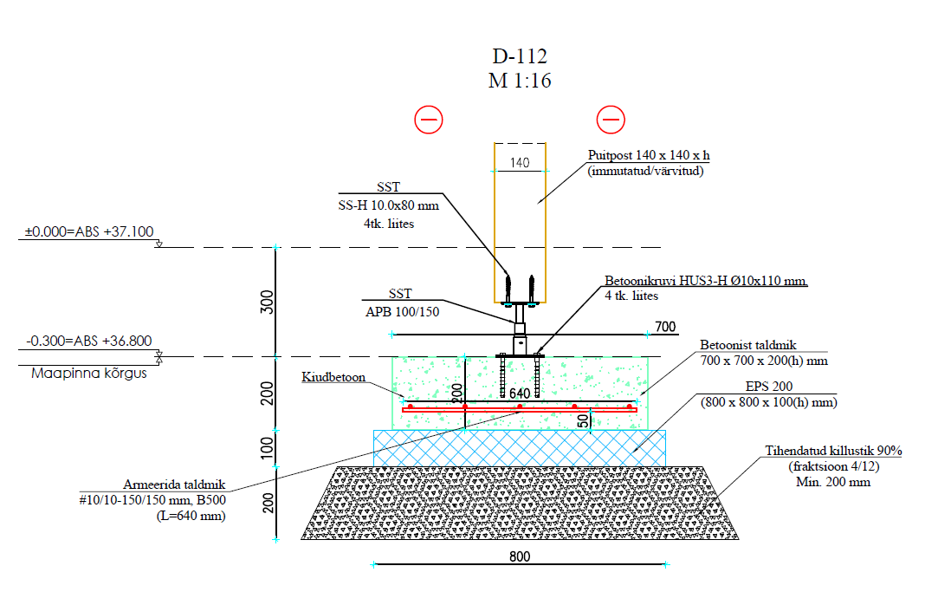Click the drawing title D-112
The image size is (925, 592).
(520, 57)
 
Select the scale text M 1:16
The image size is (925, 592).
(520, 81)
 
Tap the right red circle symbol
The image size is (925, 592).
(611, 120)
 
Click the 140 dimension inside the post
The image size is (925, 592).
(520, 162)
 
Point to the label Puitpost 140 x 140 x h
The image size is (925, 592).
(648, 156)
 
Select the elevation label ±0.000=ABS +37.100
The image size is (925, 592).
(89, 232)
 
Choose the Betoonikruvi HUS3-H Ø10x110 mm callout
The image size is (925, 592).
(705, 282)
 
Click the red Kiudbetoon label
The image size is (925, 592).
(333, 378)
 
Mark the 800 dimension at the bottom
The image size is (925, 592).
(519, 556)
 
